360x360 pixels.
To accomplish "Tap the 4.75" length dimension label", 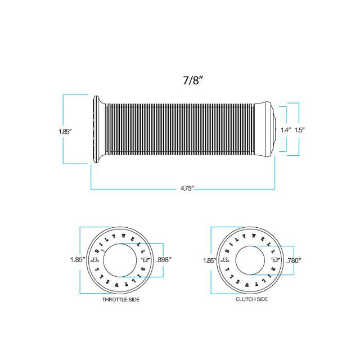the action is pos(187,188).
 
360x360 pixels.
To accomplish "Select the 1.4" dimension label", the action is pos(286,130).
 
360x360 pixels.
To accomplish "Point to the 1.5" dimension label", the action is pos(299,130).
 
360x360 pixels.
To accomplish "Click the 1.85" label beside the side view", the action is pos(65,132).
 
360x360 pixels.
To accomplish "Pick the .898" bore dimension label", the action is pos(164,260).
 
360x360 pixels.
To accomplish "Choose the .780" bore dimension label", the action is pos(294,260).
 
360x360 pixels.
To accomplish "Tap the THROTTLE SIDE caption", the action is pos(121,300).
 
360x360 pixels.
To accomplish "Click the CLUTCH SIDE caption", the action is pos(251,299).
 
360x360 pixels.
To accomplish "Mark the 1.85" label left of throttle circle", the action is pos(78,260).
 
